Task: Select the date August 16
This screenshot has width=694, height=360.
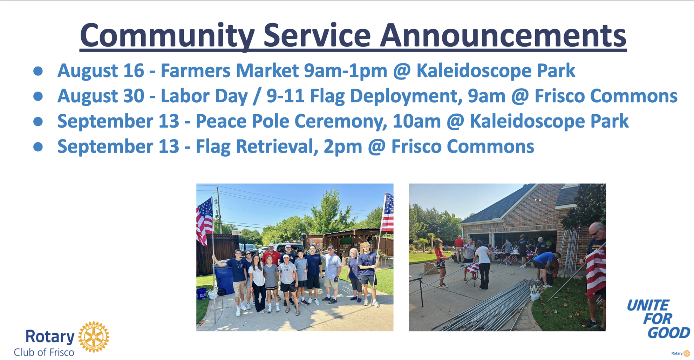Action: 101,71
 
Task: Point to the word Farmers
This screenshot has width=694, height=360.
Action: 195,70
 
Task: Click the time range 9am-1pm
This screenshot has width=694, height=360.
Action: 346,71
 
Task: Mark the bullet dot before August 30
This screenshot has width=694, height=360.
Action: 38,96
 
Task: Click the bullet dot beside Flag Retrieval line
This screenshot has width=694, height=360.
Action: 38,147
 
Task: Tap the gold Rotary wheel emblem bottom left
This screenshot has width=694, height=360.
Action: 94,337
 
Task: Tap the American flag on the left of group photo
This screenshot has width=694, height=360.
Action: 205,221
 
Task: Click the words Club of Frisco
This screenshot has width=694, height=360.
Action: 44,352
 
